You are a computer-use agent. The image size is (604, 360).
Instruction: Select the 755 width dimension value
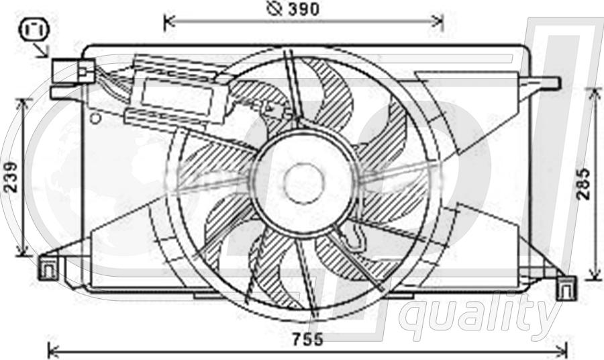click(x=307, y=340)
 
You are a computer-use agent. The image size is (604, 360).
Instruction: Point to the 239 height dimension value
click(x=11, y=177)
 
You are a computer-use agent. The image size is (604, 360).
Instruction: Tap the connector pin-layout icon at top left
click(x=35, y=30)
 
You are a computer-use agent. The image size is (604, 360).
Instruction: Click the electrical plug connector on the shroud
click(x=72, y=71)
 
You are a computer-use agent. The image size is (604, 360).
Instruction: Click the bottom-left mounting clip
click(x=49, y=267)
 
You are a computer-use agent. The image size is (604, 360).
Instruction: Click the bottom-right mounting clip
click(x=566, y=288)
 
